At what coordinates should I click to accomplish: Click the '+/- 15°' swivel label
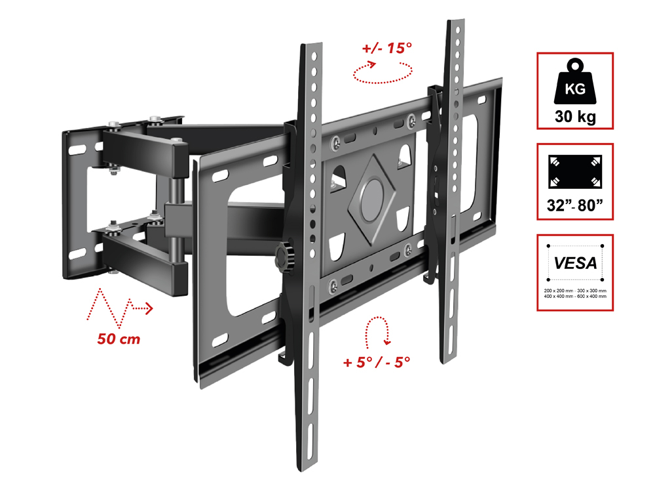pyautogui.click(x=387, y=48)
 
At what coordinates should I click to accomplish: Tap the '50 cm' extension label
pyautogui.click(x=119, y=338)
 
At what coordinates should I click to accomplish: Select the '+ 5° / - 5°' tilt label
pyautogui.click(x=377, y=362)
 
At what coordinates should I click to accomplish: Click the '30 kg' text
pyautogui.click(x=575, y=116)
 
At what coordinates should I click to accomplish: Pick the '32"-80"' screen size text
pyautogui.click(x=575, y=205)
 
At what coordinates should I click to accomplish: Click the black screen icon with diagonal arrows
pyautogui.click(x=575, y=172)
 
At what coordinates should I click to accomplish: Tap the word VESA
pyautogui.click(x=575, y=263)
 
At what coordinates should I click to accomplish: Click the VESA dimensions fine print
pyautogui.click(x=575, y=293)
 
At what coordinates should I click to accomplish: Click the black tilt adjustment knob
pyautogui.click(x=285, y=256)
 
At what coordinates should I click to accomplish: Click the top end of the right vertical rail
pyautogui.click(x=456, y=21)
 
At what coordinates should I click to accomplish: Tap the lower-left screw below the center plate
pyautogui.click(x=333, y=286)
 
